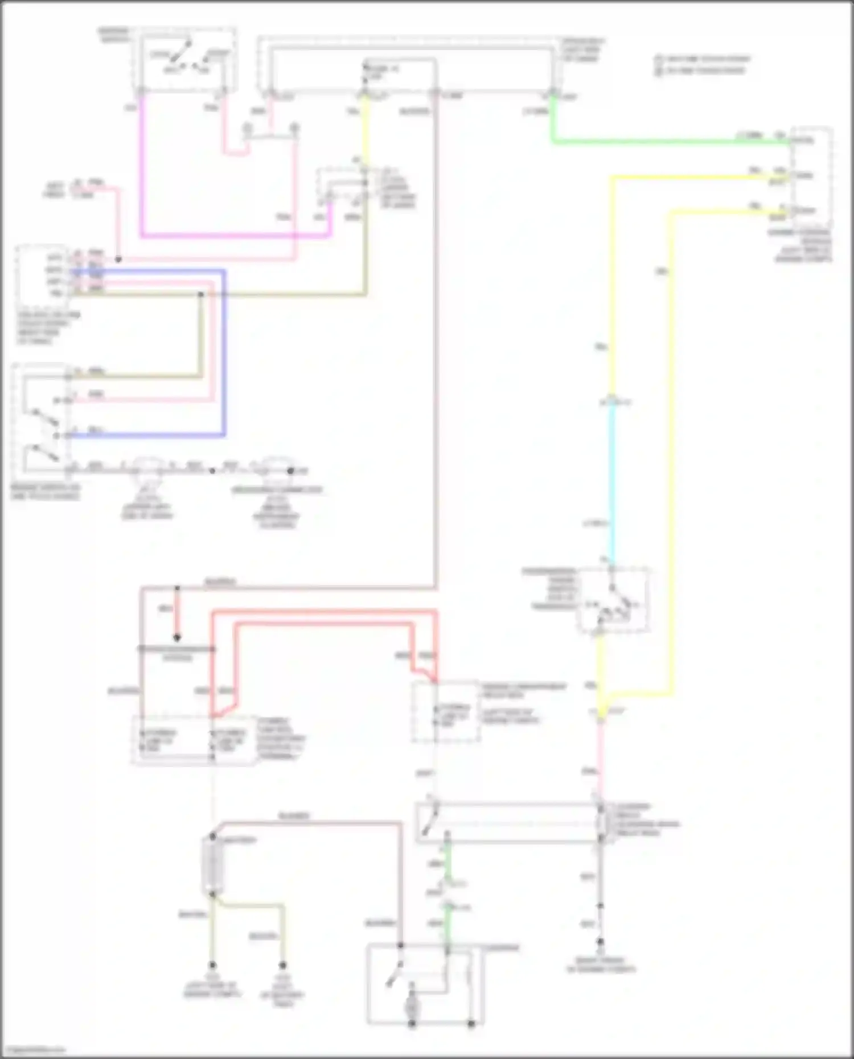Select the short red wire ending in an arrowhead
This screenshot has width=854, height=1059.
(x=177, y=615)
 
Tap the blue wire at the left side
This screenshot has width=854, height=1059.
(x=224, y=353)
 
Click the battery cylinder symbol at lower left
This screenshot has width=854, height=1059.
(x=212, y=865)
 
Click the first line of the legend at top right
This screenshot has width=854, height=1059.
(x=703, y=59)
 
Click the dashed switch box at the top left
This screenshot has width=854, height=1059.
(x=185, y=59)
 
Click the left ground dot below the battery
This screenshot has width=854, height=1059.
(x=212, y=965)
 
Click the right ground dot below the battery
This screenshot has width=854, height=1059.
(x=282, y=965)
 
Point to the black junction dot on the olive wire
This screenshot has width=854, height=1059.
(x=201, y=294)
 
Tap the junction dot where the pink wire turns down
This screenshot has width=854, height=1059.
(x=118, y=259)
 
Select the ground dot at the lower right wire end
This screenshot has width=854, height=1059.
(x=600, y=942)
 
